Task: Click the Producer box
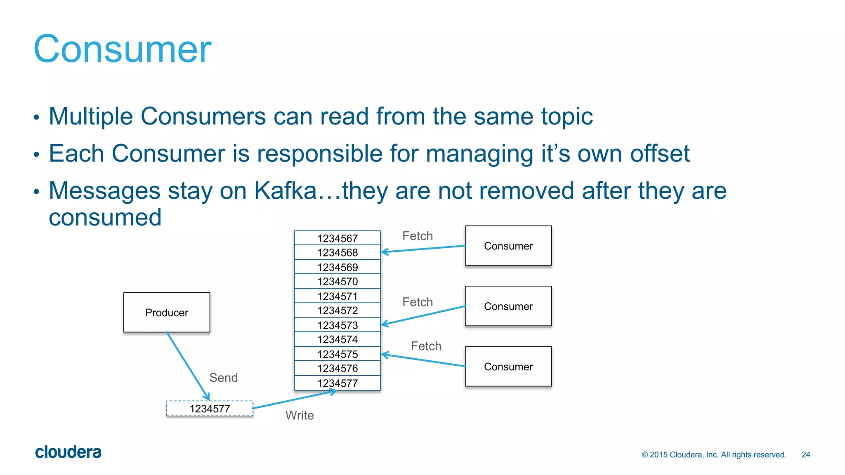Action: coord(167,313)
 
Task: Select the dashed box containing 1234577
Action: coord(210,409)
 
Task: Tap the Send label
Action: coord(223,378)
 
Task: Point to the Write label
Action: coord(300,415)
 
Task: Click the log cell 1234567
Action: coord(337,238)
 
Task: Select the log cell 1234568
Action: coord(337,252)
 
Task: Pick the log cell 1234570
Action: coord(337,282)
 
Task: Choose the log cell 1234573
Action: coord(337,325)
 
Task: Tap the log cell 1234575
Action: coord(337,354)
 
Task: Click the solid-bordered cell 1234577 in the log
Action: coord(337,383)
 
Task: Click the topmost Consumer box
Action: coord(508,246)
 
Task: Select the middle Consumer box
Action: coord(508,306)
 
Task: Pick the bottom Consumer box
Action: coord(508,367)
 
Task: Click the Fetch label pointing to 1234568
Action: coord(418,236)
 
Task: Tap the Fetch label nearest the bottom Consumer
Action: coord(426,346)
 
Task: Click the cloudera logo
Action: coord(68,452)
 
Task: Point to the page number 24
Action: coord(805,454)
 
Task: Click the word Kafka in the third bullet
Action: coord(285,190)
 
